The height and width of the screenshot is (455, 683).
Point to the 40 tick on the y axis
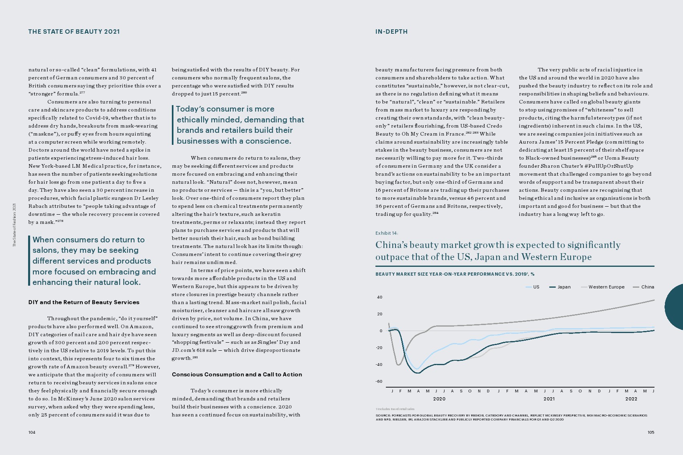tap(379, 297)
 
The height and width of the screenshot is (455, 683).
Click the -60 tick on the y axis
tap(379, 382)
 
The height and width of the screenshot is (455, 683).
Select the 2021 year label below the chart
tap(549, 399)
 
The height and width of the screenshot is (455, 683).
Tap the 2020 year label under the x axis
tap(439, 399)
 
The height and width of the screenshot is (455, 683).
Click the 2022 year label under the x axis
tap(631, 399)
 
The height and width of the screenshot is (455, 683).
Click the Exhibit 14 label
tap(387, 233)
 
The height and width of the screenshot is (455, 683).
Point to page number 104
tap(32, 432)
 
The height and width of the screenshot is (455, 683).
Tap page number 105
tap(650, 432)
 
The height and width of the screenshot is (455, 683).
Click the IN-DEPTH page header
tap(391, 32)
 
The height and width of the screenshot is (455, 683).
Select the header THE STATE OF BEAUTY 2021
tap(74, 32)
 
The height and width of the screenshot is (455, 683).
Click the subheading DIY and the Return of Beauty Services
tap(84, 302)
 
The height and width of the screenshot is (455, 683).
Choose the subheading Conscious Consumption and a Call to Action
tap(237, 374)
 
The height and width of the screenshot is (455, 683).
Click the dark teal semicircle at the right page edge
tap(675, 307)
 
